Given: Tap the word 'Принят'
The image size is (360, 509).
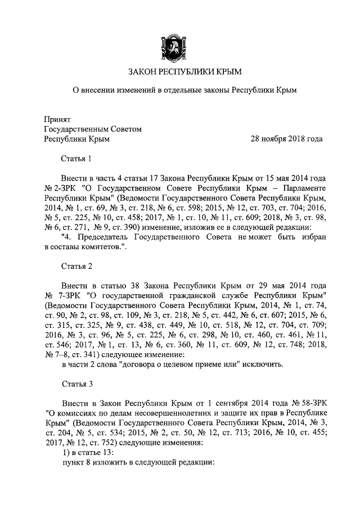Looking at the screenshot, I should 57,119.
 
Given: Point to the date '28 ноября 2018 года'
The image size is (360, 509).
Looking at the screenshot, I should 286,138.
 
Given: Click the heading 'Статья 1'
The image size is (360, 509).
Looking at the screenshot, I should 76,159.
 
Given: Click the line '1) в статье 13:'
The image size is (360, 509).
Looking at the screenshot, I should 88,454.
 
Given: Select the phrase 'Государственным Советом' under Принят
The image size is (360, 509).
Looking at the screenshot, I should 93,129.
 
